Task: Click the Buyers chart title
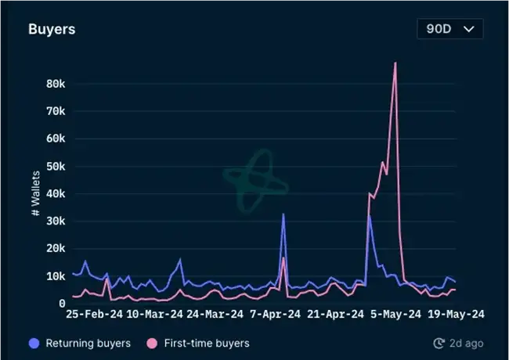click(52, 30)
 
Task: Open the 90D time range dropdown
click(449, 29)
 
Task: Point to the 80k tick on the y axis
click(54, 83)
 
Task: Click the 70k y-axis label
click(54, 111)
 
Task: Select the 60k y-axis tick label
click(54, 139)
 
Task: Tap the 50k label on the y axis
click(54, 166)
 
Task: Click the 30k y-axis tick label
click(54, 221)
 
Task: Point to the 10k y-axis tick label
click(54, 275)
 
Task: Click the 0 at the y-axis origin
click(61, 304)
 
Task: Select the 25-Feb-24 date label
click(95, 315)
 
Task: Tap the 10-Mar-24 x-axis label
click(155, 315)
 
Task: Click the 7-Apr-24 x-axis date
click(275, 315)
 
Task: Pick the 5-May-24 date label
click(396, 315)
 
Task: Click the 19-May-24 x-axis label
click(457, 315)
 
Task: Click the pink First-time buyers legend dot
click(152, 343)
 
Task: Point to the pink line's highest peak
click(395, 63)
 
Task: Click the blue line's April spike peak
click(283, 214)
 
